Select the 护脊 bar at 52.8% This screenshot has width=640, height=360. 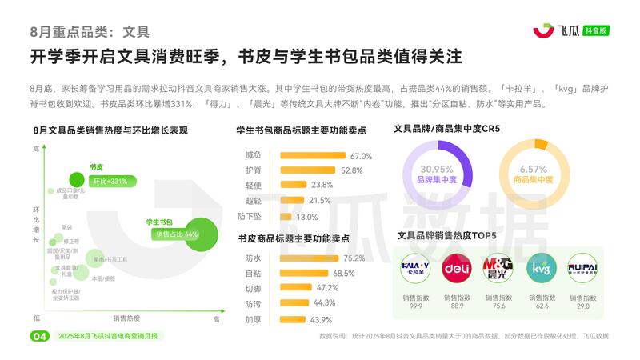coord(307,170)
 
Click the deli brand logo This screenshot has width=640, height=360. coord(457,268)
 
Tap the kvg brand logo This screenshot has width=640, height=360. coord(541,268)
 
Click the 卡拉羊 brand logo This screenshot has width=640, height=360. coord(415,268)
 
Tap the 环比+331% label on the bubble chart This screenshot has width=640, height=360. coord(108,182)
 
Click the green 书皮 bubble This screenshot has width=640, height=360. coord(78,180)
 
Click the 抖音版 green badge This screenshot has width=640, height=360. coord(596,30)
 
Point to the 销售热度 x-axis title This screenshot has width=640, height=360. coord(127,318)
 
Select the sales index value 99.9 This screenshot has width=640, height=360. coord(415,306)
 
